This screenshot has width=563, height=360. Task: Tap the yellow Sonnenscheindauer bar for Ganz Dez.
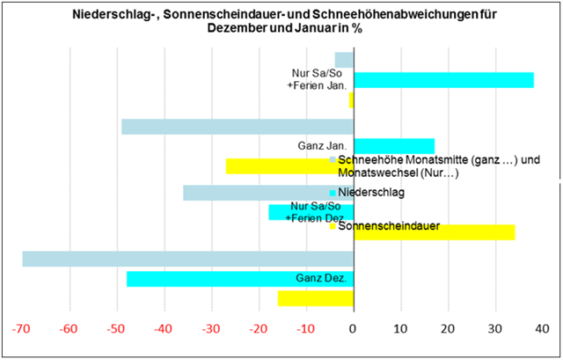click(316, 298)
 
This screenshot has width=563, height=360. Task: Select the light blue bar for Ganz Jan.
click(238, 127)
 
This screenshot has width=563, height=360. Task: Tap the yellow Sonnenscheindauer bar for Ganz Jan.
click(273, 165)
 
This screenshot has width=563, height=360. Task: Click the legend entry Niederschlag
click(367, 193)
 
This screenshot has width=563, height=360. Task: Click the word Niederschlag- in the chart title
click(116, 13)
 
